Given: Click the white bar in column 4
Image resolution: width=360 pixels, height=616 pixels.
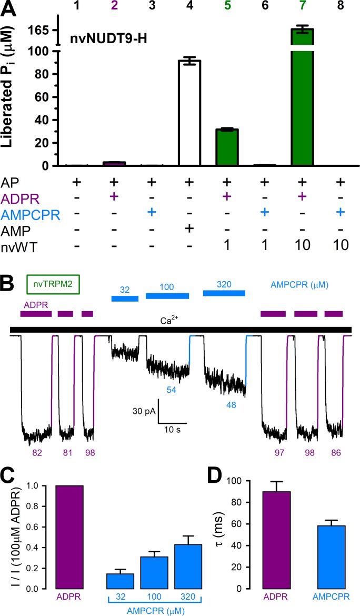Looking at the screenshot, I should [189, 113].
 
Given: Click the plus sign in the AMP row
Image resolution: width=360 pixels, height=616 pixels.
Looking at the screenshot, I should [189, 228].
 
